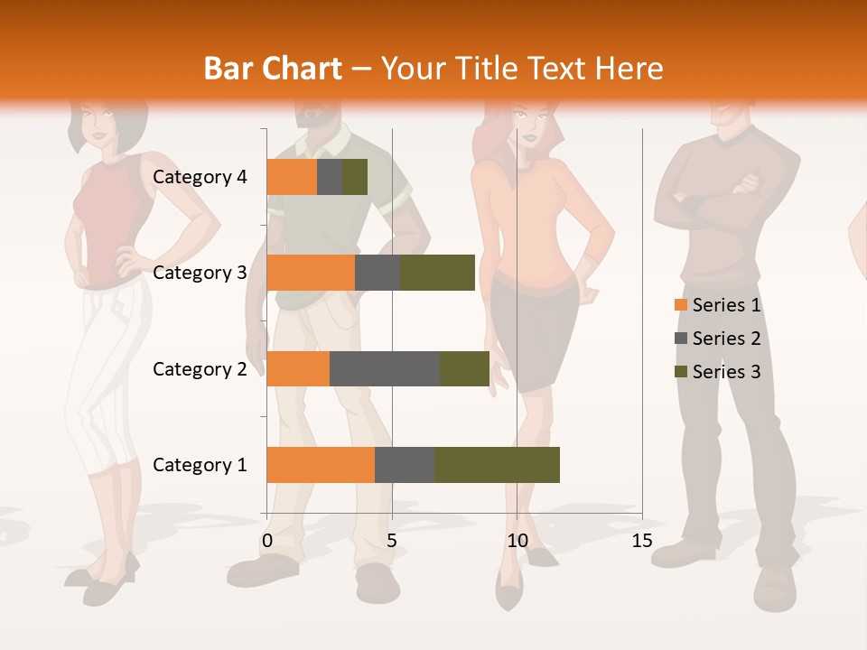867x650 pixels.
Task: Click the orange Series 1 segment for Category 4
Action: (292, 177)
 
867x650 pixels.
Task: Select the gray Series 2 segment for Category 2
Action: (385, 368)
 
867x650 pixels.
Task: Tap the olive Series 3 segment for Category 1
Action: (497, 465)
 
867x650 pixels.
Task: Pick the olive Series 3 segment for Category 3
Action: (437, 273)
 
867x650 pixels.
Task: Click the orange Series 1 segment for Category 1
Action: (321, 465)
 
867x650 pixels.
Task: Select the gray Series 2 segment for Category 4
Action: (330, 177)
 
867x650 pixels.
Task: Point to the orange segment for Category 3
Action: (311, 273)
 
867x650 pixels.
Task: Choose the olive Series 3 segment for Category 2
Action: (464, 368)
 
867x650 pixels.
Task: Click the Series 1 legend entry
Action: (718, 305)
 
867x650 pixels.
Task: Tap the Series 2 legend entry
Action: (718, 339)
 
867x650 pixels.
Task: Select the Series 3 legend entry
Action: (718, 372)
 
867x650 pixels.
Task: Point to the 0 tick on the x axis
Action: (267, 541)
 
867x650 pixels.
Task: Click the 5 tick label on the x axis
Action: (392, 541)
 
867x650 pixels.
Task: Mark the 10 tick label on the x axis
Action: (517, 541)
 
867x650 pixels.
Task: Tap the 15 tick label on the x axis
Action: (641, 541)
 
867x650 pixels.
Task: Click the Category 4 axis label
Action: (200, 177)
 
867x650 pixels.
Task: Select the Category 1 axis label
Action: (200, 465)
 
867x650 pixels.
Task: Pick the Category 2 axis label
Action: (200, 368)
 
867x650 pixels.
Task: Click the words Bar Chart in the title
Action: (273, 68)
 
